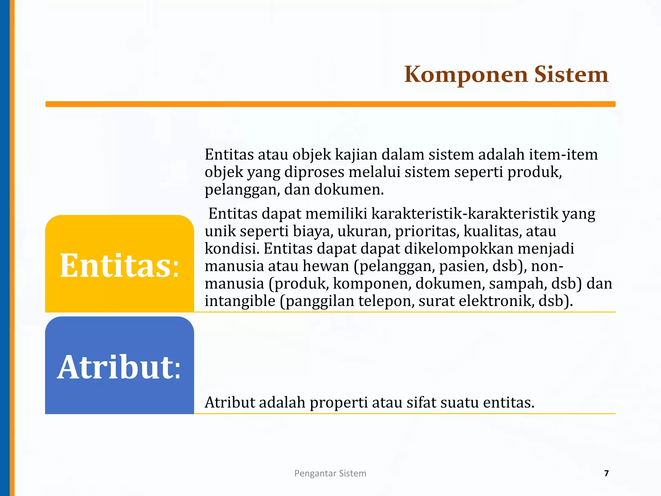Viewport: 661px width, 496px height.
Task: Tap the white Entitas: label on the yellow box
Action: click(119, 265)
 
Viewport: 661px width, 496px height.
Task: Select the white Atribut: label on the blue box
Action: click(119, 367)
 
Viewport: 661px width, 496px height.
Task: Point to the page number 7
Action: click(606, 473)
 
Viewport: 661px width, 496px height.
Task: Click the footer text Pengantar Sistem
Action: click(330, 473)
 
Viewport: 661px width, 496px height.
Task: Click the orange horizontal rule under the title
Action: click(330, 104)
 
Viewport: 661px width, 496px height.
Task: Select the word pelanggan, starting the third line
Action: click(242, 190)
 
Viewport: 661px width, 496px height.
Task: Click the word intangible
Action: click(240, 301)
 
